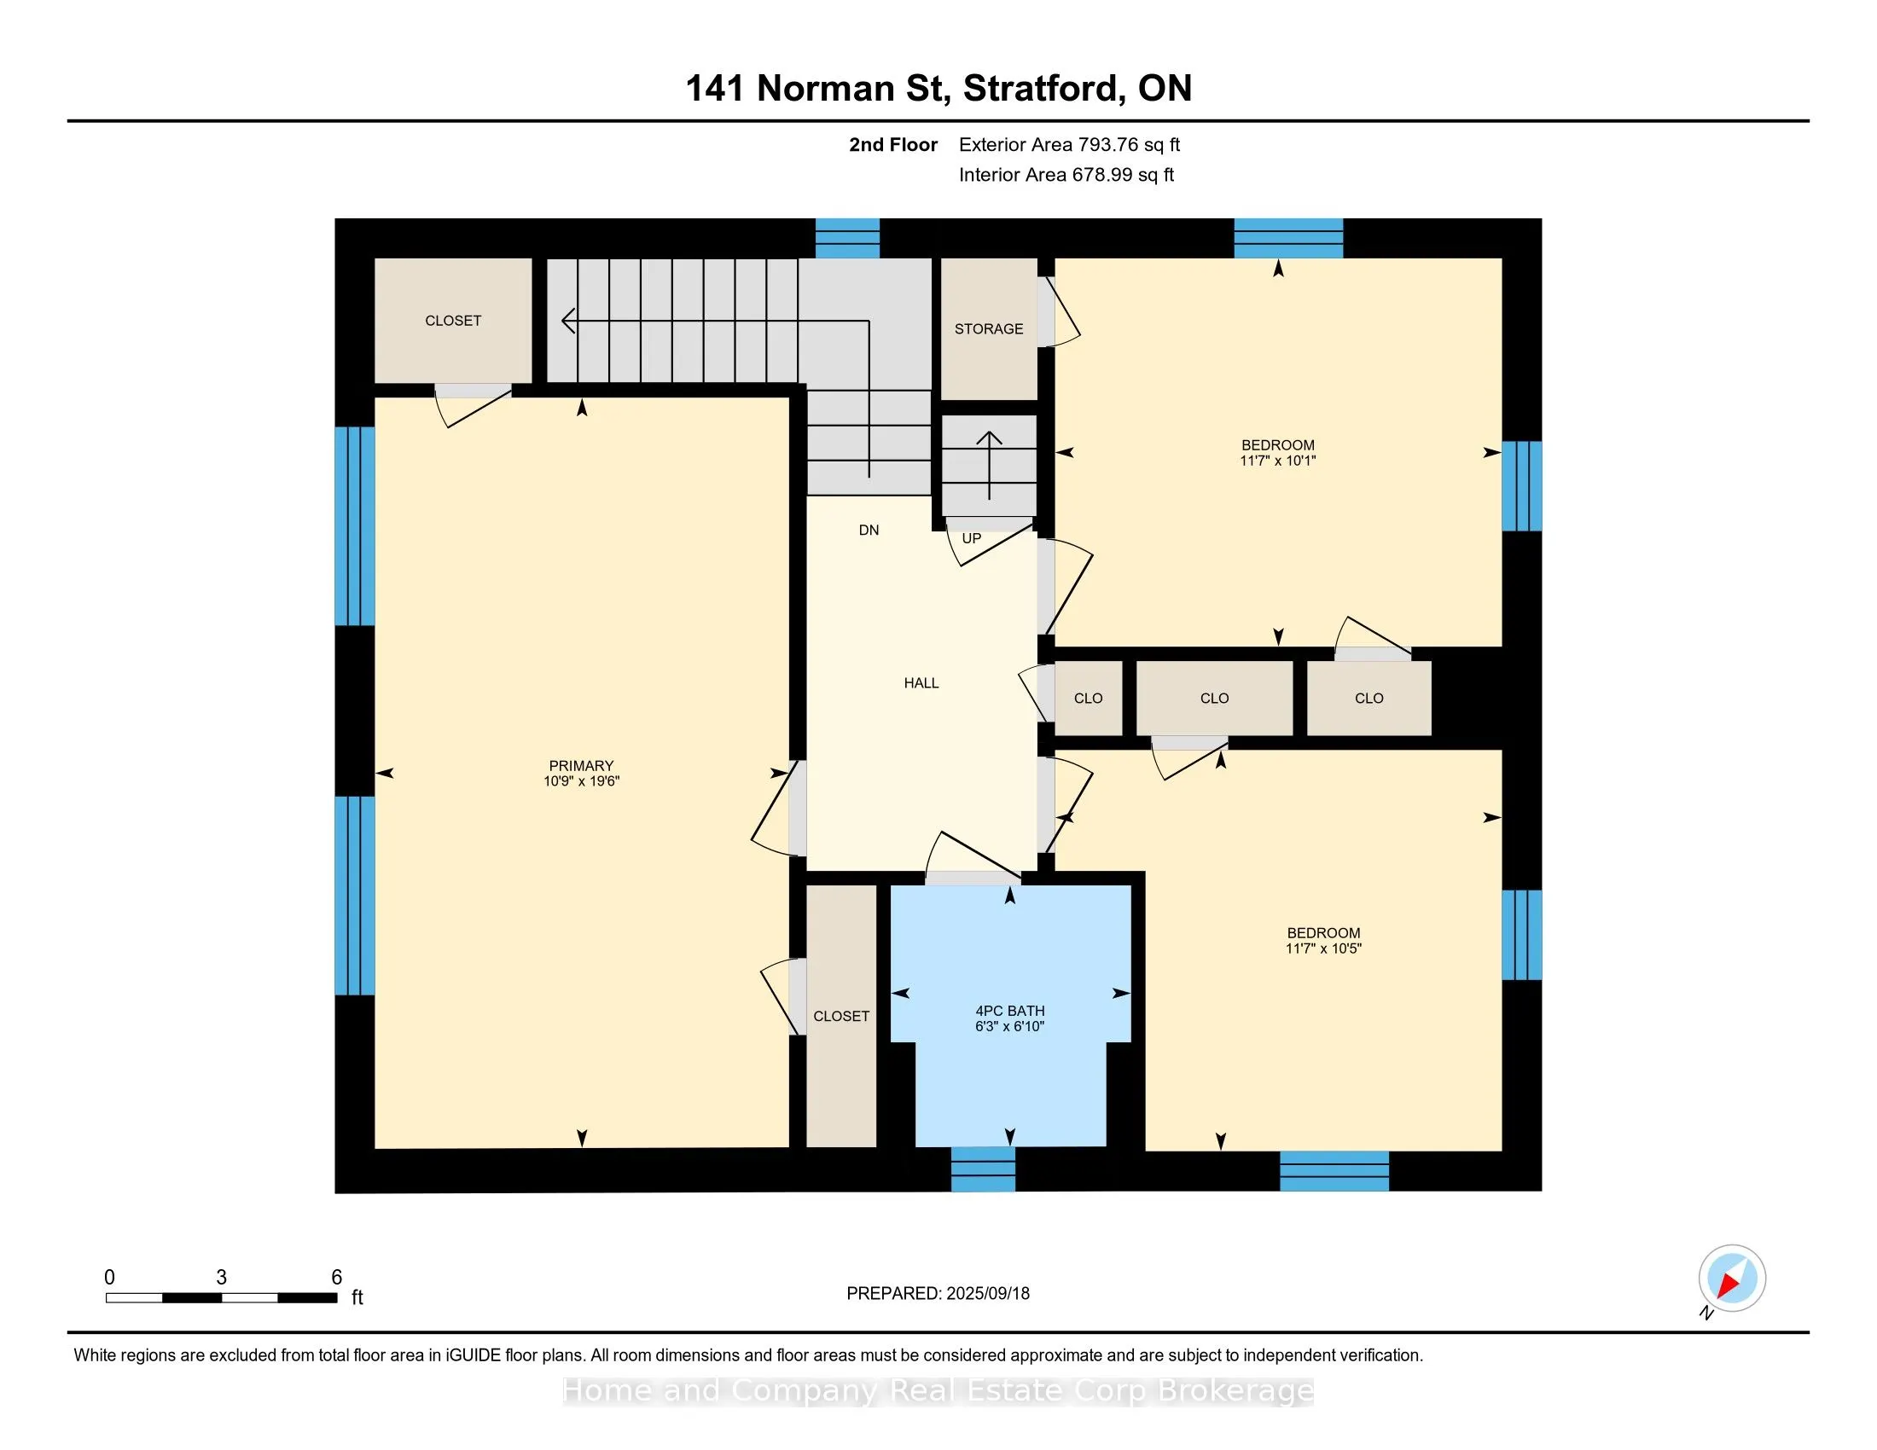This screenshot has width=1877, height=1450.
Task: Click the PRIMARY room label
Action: (581, 765)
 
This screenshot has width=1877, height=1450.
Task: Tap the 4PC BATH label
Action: (1010, 1011)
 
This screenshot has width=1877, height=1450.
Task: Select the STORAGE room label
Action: (988, 329)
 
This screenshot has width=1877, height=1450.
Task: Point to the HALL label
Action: (921, 683)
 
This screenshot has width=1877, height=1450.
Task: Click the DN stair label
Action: (869, 530)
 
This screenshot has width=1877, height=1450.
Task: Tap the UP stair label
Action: (971, 538)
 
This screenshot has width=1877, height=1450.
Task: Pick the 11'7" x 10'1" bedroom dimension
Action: (1278, 461)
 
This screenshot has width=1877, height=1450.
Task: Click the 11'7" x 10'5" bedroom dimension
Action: (1323, 948)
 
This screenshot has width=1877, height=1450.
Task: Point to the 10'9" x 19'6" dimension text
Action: (581, 780)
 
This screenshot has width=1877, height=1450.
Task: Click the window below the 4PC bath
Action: (983, 1169)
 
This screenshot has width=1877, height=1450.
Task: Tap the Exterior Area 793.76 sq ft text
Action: (1069, 145)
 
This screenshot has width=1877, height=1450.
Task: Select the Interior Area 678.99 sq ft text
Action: (1066, 175)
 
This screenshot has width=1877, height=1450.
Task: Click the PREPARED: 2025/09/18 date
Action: (938, 1293)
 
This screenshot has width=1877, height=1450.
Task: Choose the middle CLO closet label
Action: (1214, 699)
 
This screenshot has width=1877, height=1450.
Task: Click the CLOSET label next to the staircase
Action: (453, 321)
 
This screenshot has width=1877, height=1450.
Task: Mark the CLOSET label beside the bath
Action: (841, 1016)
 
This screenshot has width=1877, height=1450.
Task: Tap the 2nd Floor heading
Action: (893, 145)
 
